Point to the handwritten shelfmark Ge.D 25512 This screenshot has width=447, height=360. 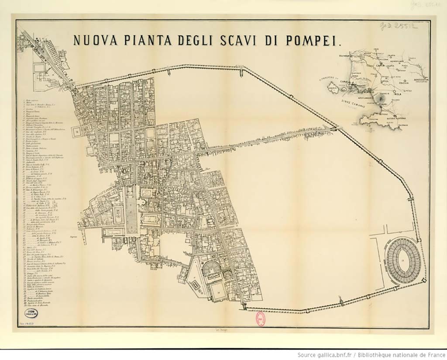399,27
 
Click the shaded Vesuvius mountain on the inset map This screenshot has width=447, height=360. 382,99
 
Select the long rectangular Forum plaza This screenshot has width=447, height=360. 131,210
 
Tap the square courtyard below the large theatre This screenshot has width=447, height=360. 217,291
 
